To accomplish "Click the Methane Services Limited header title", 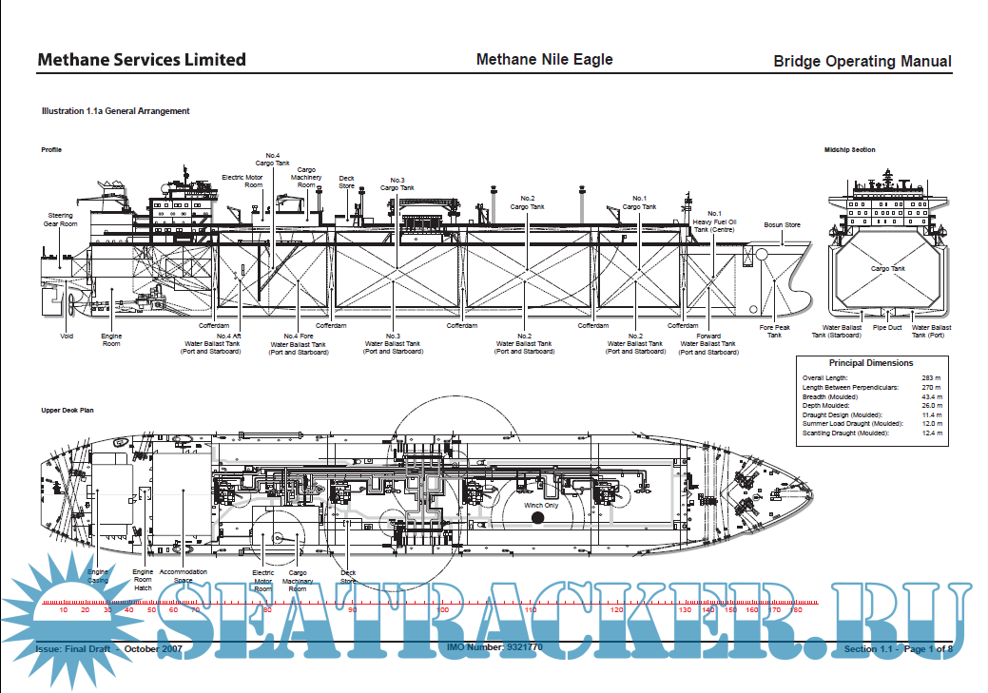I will [x=141, y=60].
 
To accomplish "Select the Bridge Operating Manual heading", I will [x=862, y=62].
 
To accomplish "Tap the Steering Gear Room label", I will [x=60, y=220].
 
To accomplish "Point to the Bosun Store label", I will [x=782, y=225].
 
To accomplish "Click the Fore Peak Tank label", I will [x=775, y=331].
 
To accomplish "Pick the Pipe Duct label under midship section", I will [x=886, y=327].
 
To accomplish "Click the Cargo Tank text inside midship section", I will [x=887, y=269].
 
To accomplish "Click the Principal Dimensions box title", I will [x=871, y=363].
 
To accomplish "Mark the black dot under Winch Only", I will [x=537, y=518].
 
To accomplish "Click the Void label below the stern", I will [x=67, y=336].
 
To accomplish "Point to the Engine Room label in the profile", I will [x=111, y=339].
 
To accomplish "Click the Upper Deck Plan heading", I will [x=68, y=410].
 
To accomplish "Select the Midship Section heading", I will [x=850, y=149].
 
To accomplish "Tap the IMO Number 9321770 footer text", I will [x=494, y=647].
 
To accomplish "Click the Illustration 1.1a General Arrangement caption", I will [x=115, y=111].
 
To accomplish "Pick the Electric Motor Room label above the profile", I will [x=242, y=181].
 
